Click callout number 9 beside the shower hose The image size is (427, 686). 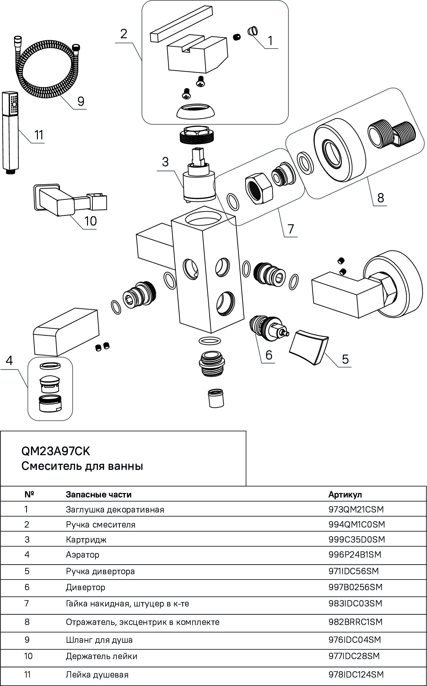tap(81, 101)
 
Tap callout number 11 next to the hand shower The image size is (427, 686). tap(39, 135)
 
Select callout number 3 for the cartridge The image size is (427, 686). tap(165, 162)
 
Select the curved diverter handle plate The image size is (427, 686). tap(309, 346)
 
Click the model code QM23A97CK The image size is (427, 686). tap(56, 451)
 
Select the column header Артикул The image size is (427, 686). tap(345, 495)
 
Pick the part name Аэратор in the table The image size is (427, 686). tap(83, 554)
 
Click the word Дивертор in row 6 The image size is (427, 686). tap(85, 587)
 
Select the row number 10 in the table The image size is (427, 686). tap(28, 656)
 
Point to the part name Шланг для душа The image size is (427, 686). tap(99, 640)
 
